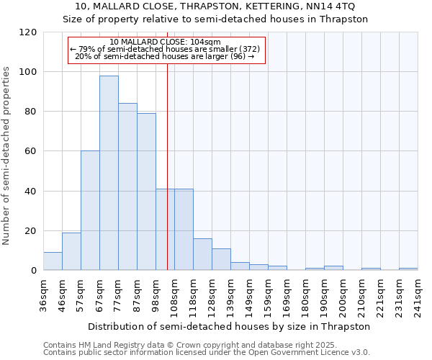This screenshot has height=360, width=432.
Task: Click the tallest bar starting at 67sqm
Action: [109, 173]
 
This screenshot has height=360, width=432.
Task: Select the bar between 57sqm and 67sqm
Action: [90, 210]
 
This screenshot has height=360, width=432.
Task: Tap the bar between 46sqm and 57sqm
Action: [71, 251]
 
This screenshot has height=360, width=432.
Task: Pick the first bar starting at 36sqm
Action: [53, 261]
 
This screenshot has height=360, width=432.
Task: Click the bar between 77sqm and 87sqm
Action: [127, 186]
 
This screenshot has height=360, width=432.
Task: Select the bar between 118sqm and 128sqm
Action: [202, 254]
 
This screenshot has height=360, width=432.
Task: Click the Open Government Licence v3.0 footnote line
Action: [207, 353]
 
